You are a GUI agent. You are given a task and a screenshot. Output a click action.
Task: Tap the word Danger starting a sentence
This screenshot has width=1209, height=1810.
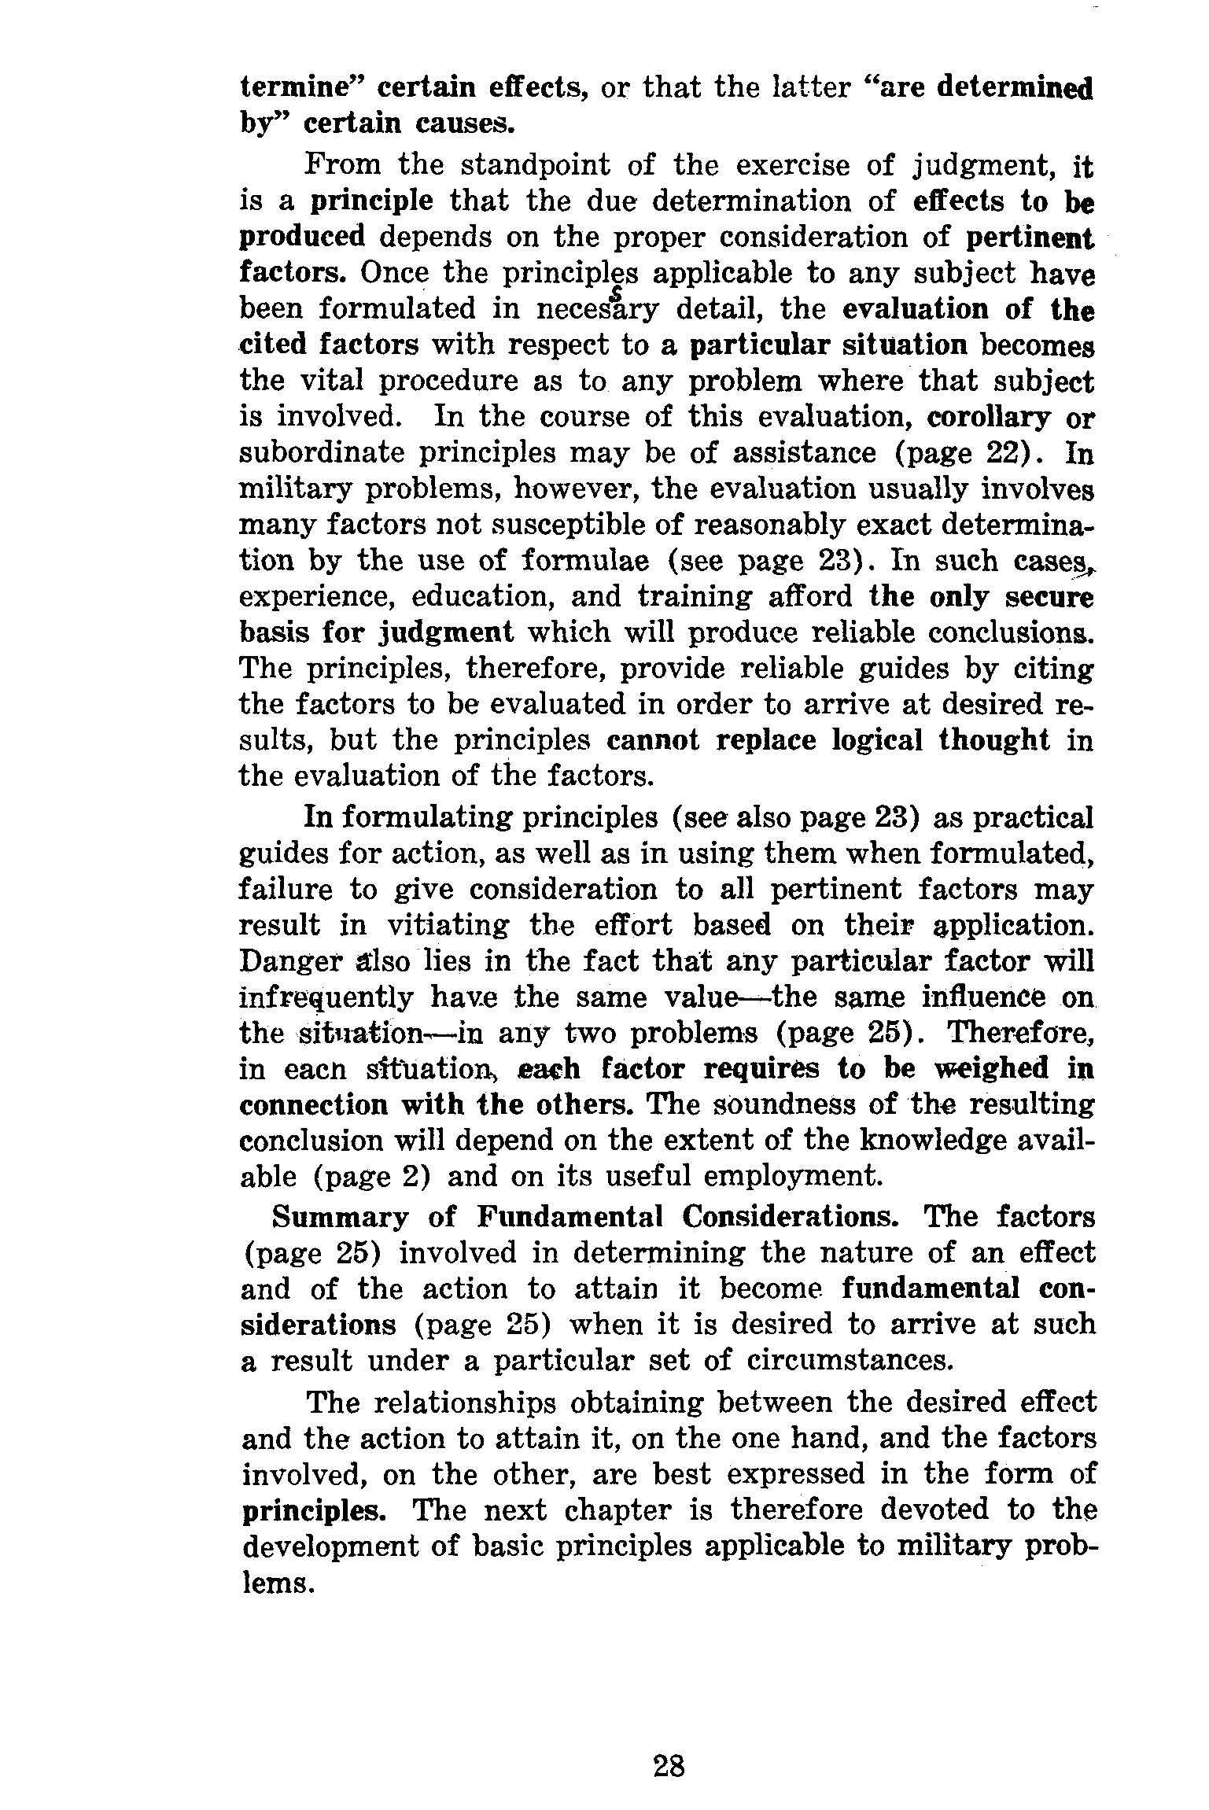pos(283,962)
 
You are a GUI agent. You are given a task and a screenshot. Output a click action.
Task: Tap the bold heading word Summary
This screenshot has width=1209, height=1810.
pos(340,1218)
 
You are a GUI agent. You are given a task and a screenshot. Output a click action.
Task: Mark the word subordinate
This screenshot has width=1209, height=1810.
pos(321,454)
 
